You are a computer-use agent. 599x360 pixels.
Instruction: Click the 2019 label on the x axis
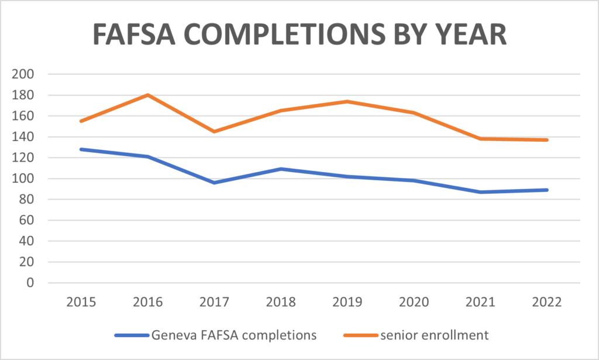pos(347,302)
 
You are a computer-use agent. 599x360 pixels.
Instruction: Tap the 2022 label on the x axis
pos(548,302)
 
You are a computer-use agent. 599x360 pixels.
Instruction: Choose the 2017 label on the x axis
pos(214,302)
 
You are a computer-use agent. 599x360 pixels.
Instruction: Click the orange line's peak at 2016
pos(147,95)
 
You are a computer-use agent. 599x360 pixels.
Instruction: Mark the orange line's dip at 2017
pos(214,132)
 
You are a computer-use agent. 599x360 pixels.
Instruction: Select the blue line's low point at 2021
pos(481,192)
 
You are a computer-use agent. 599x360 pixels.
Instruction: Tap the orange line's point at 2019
pos(347,101)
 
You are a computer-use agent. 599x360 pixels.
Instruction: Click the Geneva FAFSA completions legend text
pos(234,335)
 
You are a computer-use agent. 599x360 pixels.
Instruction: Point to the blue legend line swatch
pos(131,335)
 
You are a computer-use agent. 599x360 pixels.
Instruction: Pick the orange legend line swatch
pos(358,335)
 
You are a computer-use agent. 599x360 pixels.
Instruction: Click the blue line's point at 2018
pos(281,169)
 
